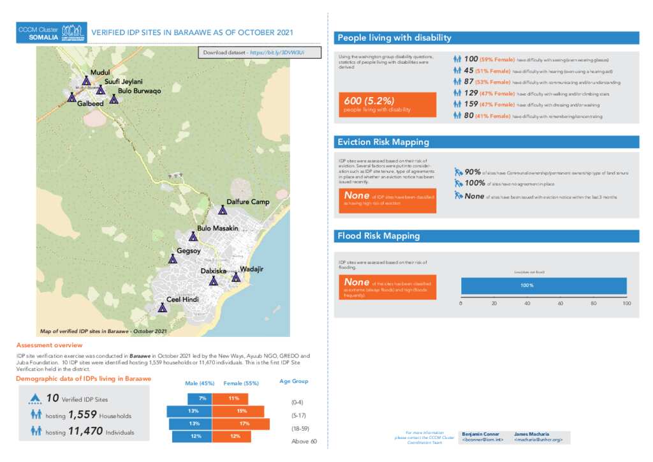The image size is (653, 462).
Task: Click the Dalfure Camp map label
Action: [248, 202]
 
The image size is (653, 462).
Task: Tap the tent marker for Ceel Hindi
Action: [163, 308]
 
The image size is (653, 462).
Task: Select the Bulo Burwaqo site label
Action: [139, 91]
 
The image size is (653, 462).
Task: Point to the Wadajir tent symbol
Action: [236, 277]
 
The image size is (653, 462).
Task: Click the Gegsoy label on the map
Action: [189, 251]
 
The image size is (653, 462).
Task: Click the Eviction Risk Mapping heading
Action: [383, 142]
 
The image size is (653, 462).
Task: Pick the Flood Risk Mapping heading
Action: [379, 236]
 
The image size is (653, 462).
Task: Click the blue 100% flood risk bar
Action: [543, 285]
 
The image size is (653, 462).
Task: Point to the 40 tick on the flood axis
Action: [527, 304]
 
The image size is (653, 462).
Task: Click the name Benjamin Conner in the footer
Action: [480, 434]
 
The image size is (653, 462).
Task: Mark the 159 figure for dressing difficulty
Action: [471, 104]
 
